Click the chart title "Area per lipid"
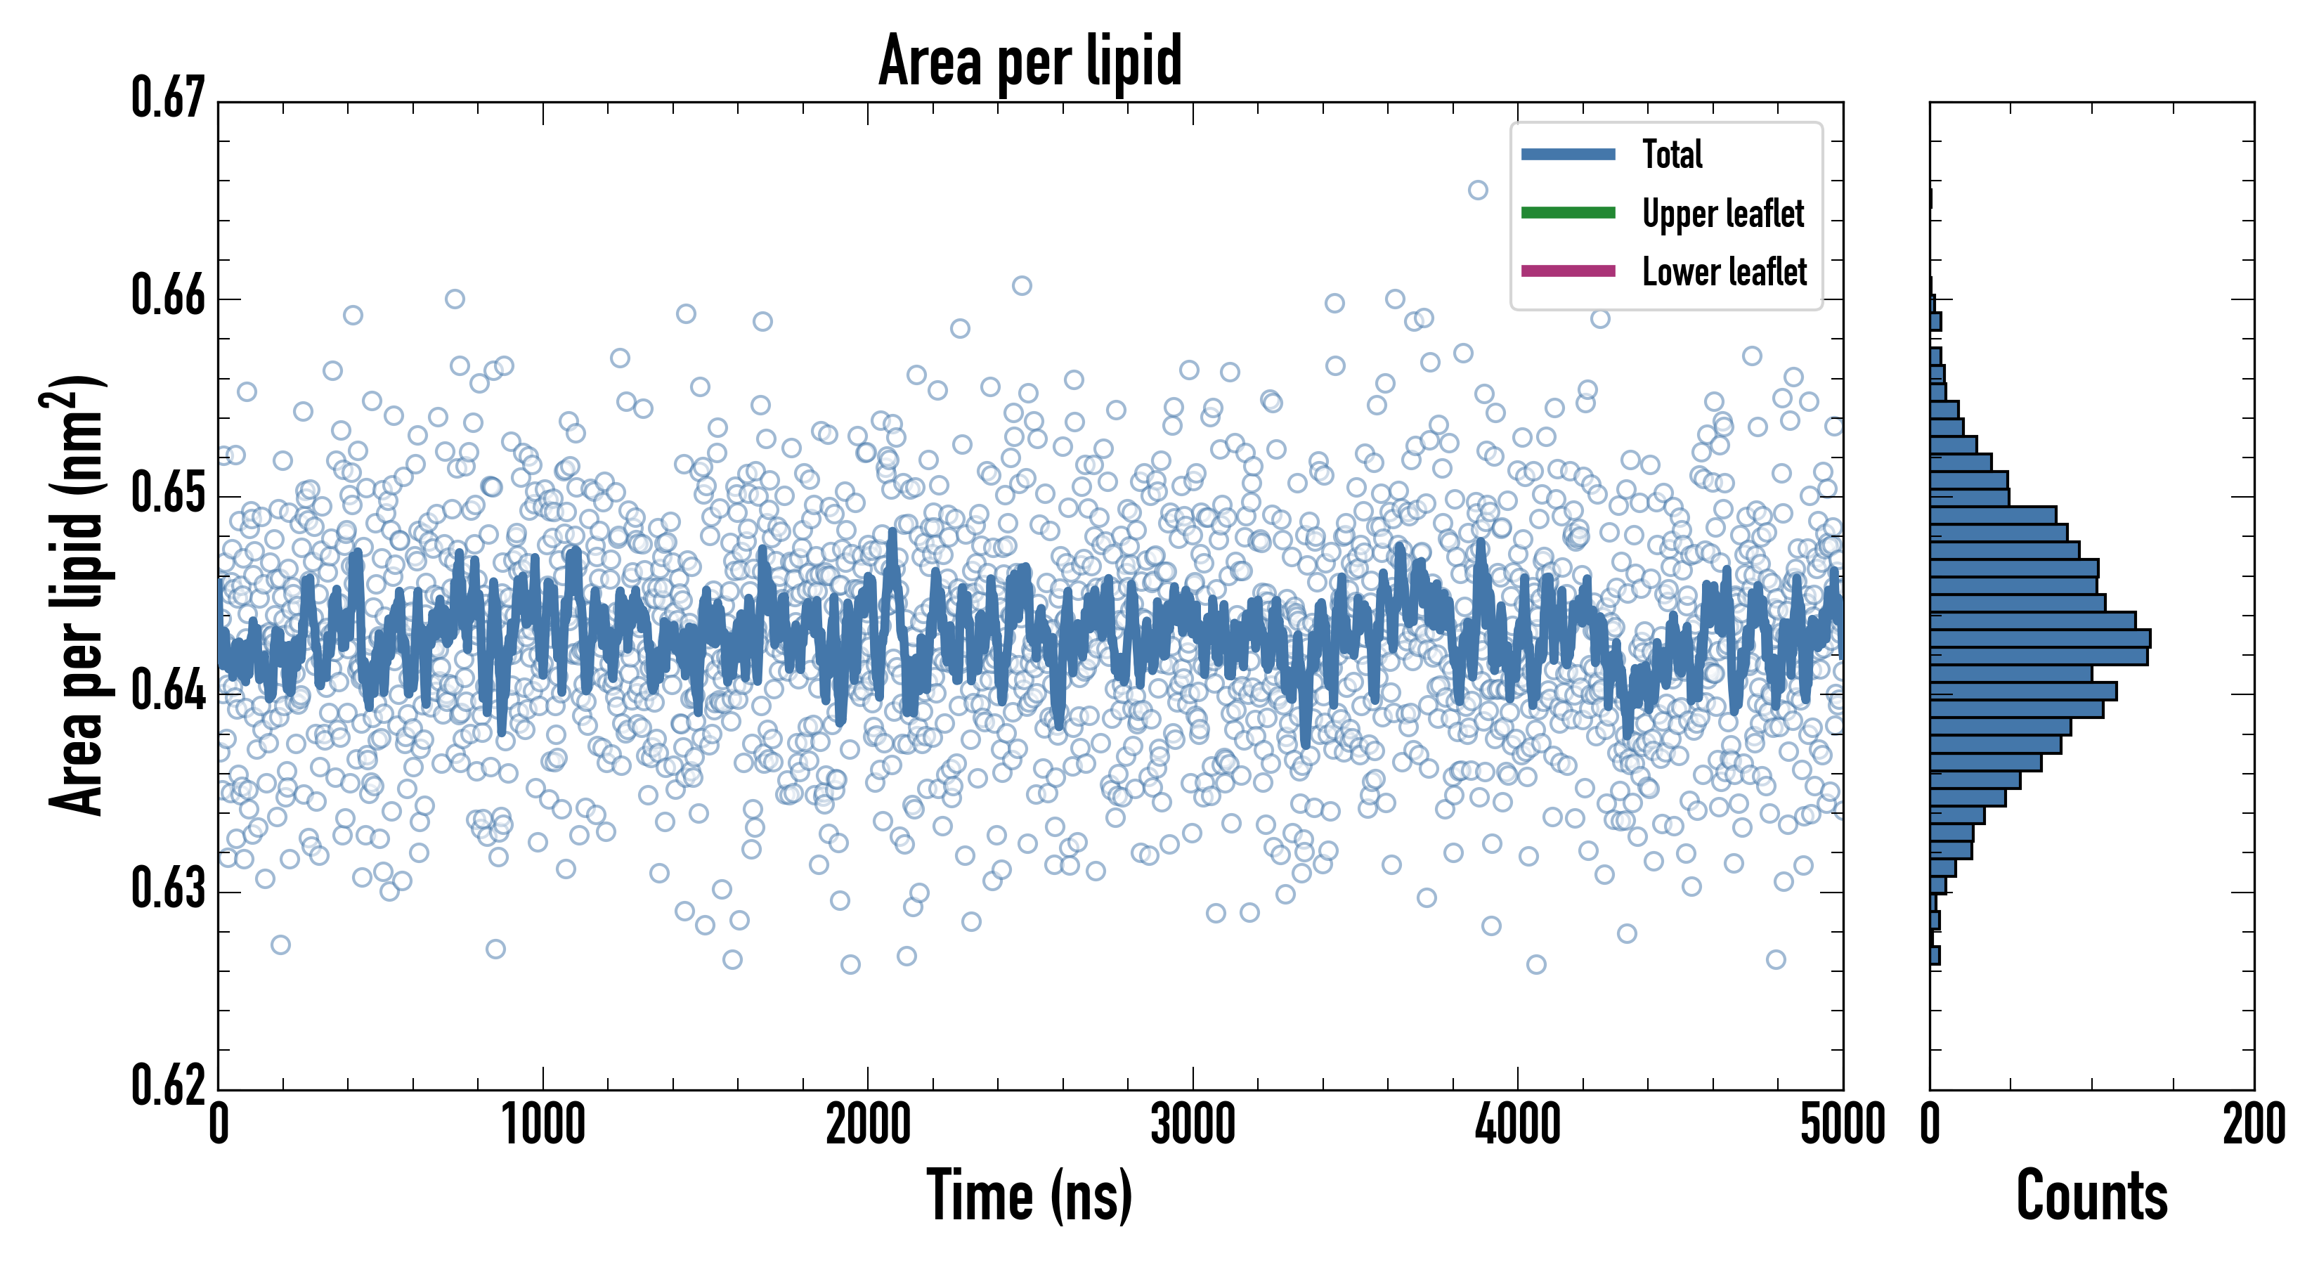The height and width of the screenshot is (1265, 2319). [1030, 60]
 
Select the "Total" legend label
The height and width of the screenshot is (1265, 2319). [1672, 154]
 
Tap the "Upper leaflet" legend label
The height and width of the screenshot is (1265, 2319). [1723, 214]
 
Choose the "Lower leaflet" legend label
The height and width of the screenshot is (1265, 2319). [1724, 271]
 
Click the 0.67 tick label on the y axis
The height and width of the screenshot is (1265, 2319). [169, 98]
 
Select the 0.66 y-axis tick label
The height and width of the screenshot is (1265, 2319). [169, 295]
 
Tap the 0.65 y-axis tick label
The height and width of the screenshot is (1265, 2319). [169, 493]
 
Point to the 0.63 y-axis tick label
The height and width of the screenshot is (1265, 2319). [169, 888]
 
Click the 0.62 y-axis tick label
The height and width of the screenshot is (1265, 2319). [169, 1085]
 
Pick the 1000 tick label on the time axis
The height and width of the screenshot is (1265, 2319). [543, 1125]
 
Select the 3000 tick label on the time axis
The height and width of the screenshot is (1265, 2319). [1193, 1125]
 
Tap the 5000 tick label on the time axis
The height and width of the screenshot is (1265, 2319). [1842, 1125]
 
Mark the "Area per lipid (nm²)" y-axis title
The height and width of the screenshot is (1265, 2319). [77, 595]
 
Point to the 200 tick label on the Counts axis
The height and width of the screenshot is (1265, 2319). [2253, 1125]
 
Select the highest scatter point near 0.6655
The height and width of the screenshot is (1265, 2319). [1478, 190]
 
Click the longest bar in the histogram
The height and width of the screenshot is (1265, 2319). [2040, 638]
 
